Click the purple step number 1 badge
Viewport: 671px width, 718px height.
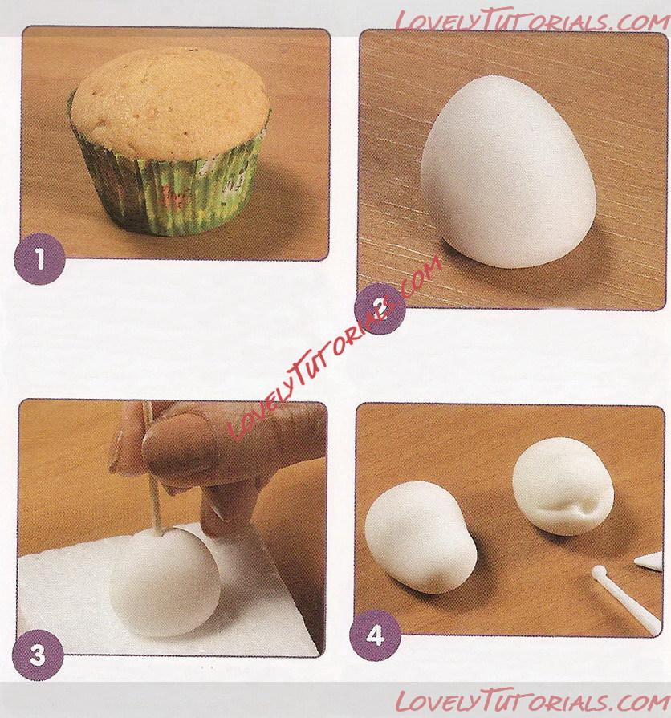40,259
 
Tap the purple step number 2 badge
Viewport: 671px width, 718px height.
380,309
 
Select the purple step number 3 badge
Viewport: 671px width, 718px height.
38,655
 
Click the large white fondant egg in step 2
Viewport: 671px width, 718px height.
507,172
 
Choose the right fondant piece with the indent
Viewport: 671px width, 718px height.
563,485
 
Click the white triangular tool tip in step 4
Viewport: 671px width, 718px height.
649,561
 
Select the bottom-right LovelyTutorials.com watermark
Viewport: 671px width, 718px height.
531,701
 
